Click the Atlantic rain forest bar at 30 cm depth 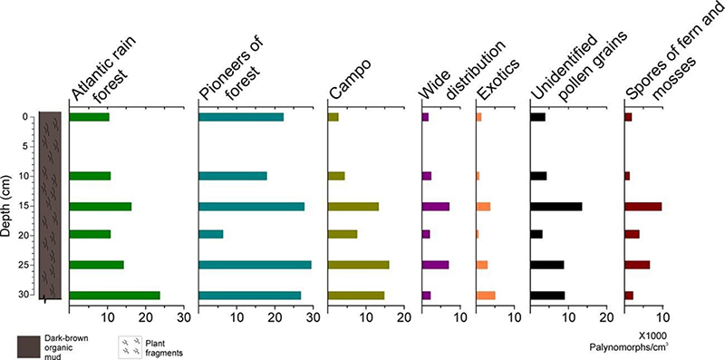coord(114,296)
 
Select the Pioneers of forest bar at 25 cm coord(255,265)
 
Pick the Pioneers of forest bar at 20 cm coord(210,235)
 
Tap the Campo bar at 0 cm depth coord(333,117)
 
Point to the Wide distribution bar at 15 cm coord(435,206)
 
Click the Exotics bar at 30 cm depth coord(485,296)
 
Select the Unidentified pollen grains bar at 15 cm coord(556,206)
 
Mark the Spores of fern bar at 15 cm coord(643,206)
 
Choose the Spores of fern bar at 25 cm coord(637,265)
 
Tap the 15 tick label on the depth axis coord(24,206)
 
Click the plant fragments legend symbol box coord(130,345)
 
